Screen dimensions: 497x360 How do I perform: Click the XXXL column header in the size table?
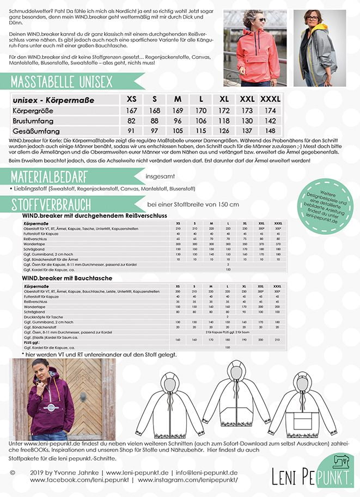pos(270,100)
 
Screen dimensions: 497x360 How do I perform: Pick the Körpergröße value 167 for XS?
pos(131,110)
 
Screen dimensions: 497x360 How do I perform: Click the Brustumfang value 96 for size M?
pos(177,120)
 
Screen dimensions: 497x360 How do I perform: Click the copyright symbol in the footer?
pos(13,473)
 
